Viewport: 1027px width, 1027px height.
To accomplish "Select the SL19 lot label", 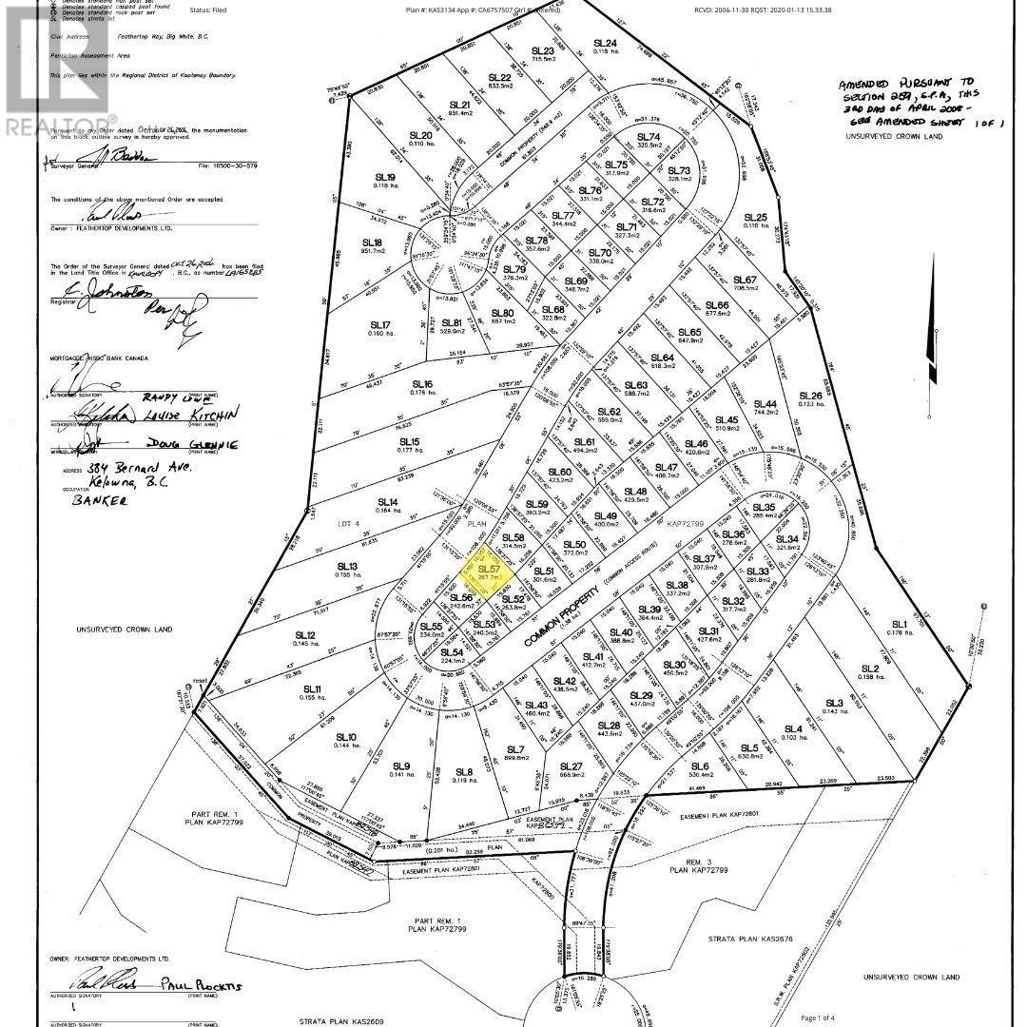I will click(384, 178).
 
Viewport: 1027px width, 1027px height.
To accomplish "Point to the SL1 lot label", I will click(896, 627).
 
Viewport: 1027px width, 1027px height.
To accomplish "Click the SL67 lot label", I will click(744, 280).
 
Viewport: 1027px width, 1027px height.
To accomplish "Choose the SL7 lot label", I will click(516, 750).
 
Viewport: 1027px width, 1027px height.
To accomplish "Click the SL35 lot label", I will click(764, 508).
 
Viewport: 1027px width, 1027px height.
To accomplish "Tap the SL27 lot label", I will click(570, 766).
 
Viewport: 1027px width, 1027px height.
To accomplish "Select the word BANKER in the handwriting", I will click(99, 500).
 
